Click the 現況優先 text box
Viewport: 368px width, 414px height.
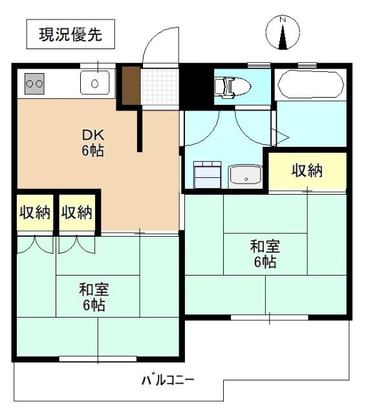[70, 35]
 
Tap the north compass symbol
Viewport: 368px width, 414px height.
[282, 33]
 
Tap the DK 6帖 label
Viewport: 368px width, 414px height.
[92, 143]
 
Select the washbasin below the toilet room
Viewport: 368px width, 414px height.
[244, 175]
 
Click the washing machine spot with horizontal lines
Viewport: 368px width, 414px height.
[207, 174]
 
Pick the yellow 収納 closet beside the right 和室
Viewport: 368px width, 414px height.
[307, 171]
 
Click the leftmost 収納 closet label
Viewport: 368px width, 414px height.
[34, 212]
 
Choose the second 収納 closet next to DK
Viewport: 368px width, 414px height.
[77, 212]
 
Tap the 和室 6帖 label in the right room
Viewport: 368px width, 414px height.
[265, 254]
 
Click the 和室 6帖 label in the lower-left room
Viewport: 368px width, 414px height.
[92, 296]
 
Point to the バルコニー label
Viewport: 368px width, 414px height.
[168, 380]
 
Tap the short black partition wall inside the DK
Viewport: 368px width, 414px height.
[139, 129]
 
